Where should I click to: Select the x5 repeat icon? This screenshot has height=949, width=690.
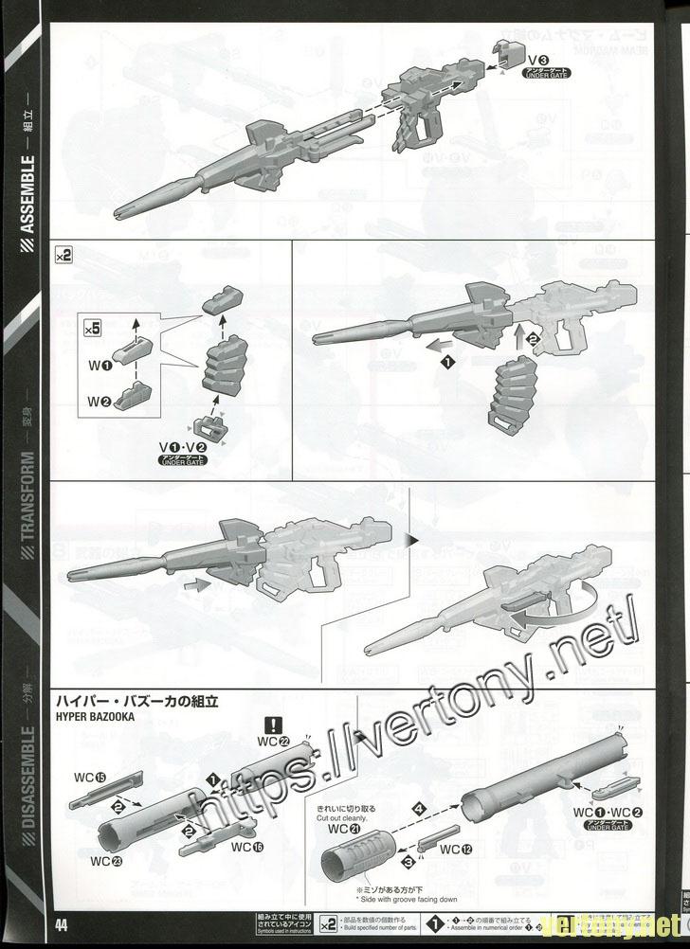93,329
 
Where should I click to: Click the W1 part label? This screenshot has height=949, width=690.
101,364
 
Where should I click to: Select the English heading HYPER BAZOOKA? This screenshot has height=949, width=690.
95,718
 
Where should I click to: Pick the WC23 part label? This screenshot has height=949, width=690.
105,861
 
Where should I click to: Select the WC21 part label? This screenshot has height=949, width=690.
342,830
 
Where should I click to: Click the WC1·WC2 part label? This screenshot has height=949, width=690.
608,814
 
